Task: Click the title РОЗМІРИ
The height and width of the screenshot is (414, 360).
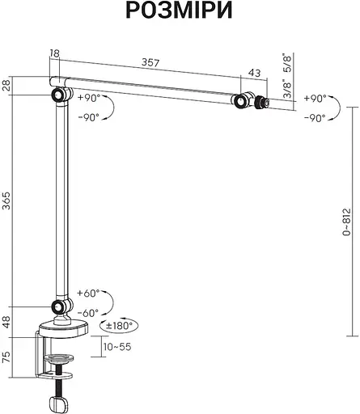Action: click(x=179, y=11)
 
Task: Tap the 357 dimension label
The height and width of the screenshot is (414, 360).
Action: click(x=150, y=62)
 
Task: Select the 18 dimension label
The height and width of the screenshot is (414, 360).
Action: click(x=54, y=53)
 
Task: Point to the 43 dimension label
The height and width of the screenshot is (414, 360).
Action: click(x=254, y=73)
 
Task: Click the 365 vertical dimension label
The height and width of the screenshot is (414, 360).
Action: click(x=6, y=201)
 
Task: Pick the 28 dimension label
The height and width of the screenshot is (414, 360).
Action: click(x=6, y=86)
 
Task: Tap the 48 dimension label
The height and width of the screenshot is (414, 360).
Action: click(x=6, y=322)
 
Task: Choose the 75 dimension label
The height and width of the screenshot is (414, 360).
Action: click(x=6, y=357)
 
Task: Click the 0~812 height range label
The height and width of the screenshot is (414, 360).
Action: click(x=347, y=222)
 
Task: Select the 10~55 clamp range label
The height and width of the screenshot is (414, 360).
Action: click(x=117, y=347)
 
